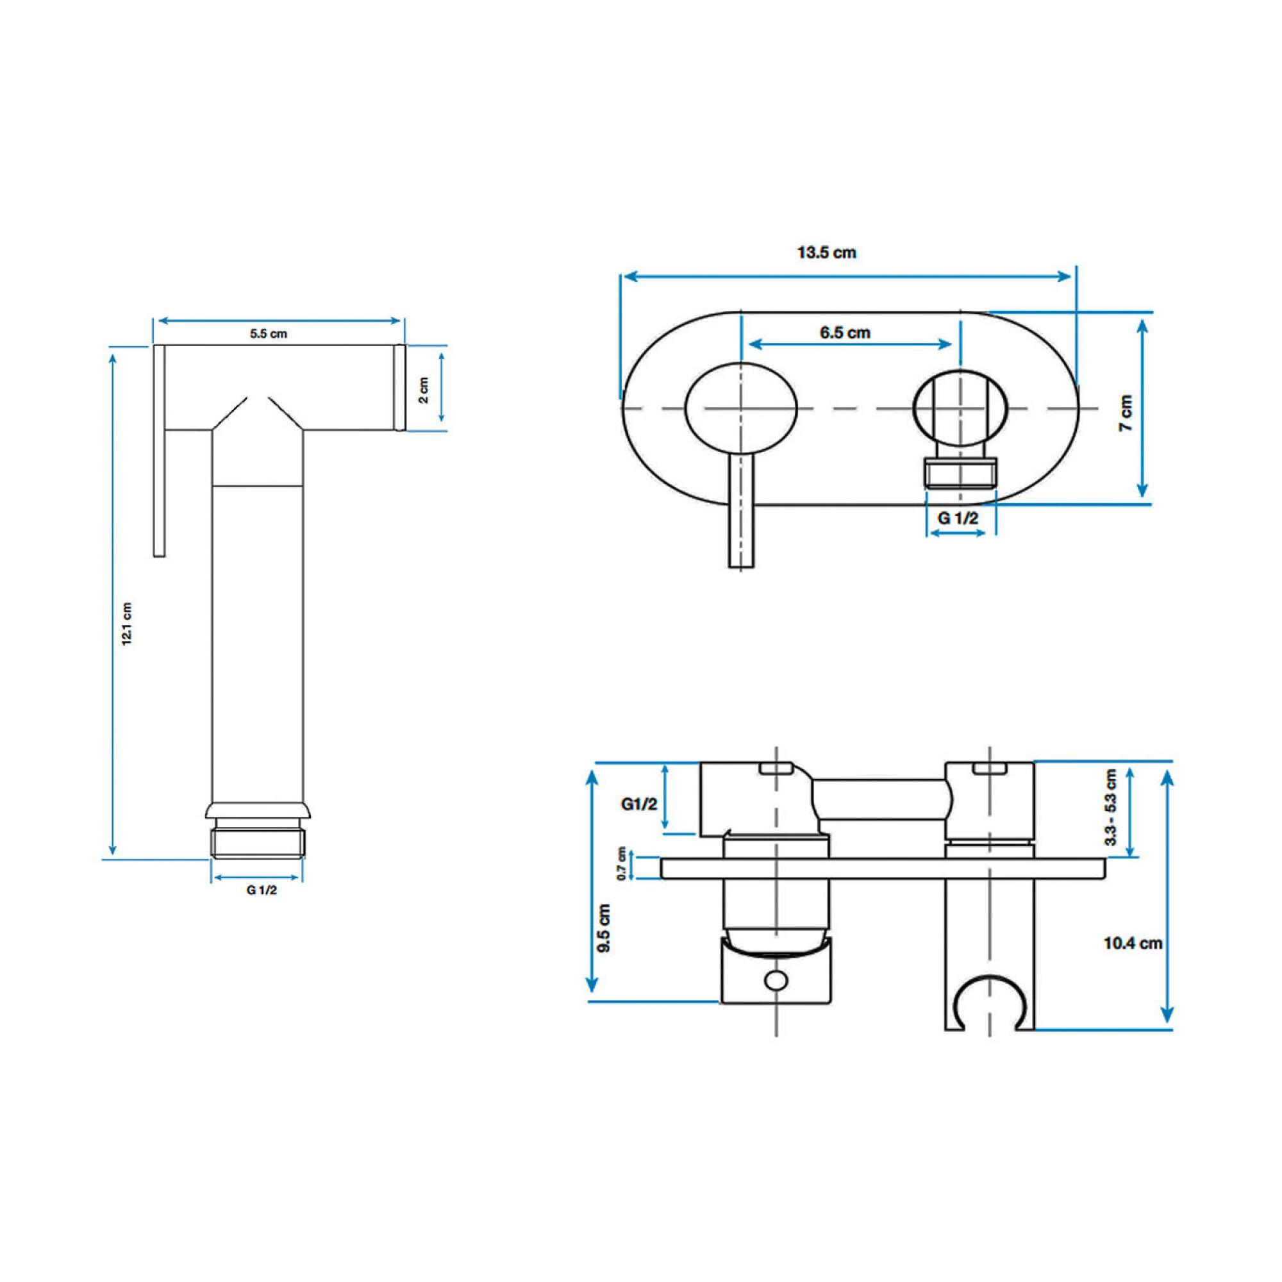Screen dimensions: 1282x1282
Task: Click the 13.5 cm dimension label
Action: (826, 253)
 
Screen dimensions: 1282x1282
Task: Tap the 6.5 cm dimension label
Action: (845, 333)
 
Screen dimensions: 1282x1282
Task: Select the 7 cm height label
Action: (1126, 413)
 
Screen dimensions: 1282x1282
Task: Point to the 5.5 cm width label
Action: (269, 334)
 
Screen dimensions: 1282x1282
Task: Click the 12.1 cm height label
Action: (128, 624)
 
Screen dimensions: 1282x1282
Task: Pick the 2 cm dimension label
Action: (423, 390)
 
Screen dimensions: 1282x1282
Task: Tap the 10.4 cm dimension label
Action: (1133, 943)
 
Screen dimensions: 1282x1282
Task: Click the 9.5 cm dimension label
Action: (604, 928)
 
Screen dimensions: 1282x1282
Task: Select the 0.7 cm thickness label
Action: (622, 863)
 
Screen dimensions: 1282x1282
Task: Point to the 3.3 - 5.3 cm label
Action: (1111, 806)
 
